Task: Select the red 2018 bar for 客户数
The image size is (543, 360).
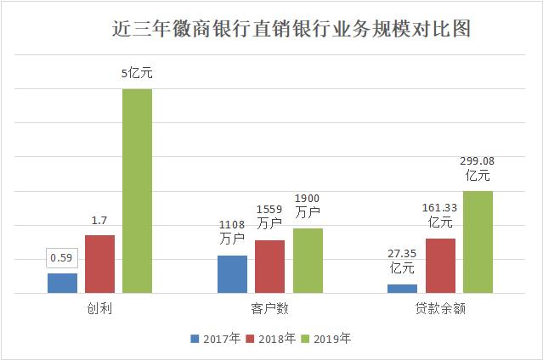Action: pos(270,267)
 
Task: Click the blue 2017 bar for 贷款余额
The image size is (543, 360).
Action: pos(402,289)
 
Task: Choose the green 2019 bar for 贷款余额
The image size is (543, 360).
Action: pos(478,242)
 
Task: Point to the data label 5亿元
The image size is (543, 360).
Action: pos(137,75)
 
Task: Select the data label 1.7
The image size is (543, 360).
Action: pos(99,221)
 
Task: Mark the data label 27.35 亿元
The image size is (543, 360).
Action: pos(402,261)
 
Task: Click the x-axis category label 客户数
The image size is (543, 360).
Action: pos(269,310)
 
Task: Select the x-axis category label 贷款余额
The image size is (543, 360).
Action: pos(440,310)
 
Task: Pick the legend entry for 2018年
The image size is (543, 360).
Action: pos(271,338)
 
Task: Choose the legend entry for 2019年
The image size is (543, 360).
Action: pos(325,338)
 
